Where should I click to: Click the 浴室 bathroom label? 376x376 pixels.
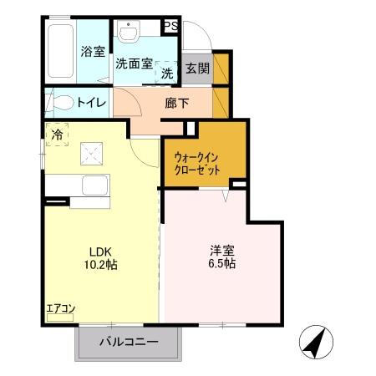tap(93, 52)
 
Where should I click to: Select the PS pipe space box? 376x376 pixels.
tap(170, 27)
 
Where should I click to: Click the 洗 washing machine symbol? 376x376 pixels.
tap(167, 74)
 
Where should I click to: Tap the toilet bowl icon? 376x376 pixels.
tap(62, 103)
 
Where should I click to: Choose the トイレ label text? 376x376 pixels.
tap(91, 104)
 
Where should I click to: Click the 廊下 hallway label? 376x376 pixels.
tap(176, 104)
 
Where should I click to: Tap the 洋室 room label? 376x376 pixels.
tap(221, 249)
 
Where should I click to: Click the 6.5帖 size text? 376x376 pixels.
tap(221, 263)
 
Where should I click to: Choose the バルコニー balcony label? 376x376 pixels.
tap(129, 341)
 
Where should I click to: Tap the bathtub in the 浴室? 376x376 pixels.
tap(60, 52)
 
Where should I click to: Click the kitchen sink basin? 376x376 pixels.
tap(94, 185)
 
